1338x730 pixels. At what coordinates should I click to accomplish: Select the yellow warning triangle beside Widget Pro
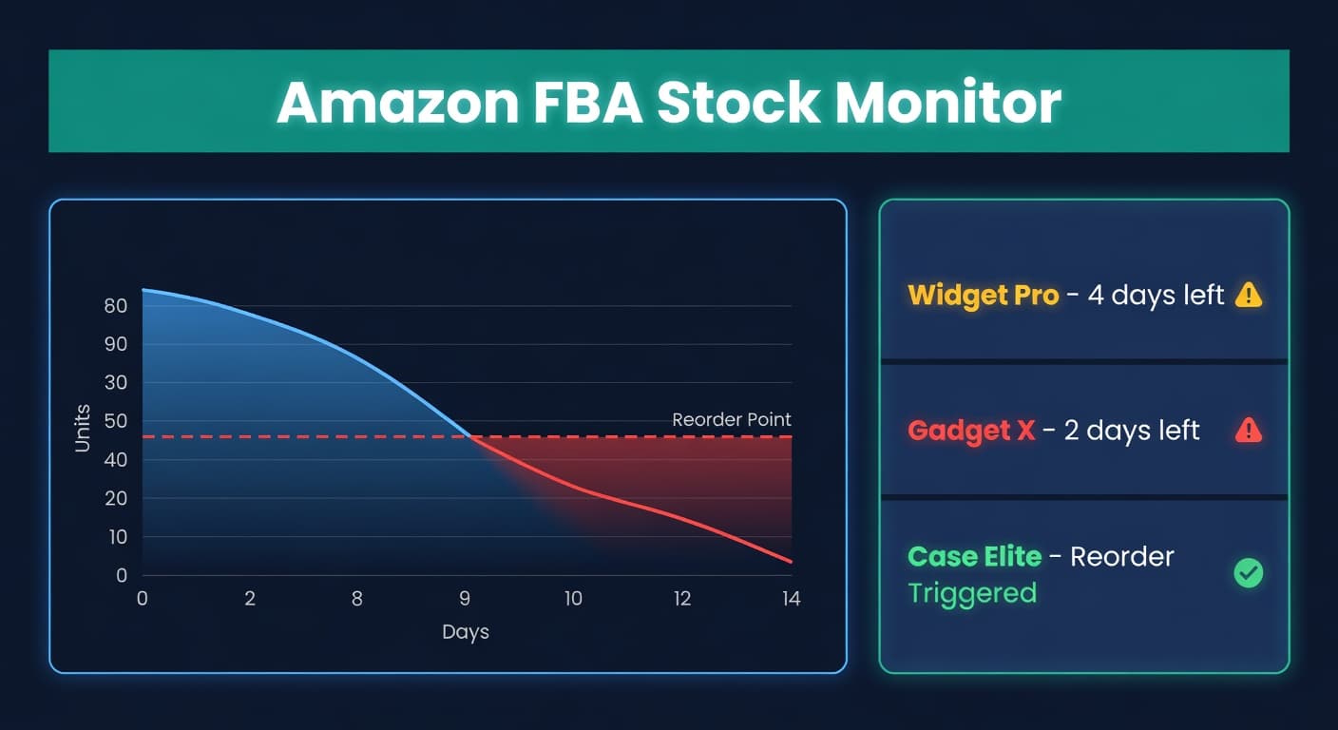pyautogui.click(x=1248, y=296)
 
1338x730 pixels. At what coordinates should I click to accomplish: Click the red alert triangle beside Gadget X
pyautogui.click(x=1248, y=431)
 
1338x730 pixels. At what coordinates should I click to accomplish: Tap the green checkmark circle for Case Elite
pyautogui.click(x=1248, y=573)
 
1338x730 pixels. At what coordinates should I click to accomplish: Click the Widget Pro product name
pyautogui.click(x=983, y=296)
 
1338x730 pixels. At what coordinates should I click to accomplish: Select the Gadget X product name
pyautogui.click(x=970, y=431)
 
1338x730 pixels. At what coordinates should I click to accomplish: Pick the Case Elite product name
pyautogui.click(x=974, y=556)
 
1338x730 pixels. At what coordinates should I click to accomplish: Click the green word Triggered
pyautogui.click(x=971, y=593)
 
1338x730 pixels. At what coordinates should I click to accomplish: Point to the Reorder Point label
pyautogui.click(x=731, y=419)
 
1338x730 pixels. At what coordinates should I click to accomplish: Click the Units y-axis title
pyautogui.click(x=83, y=428)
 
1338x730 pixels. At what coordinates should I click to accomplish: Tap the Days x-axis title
pyautogui.click(x=466, y=631)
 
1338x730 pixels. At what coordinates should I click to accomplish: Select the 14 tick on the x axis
pyautogui.click(x=791, y=599)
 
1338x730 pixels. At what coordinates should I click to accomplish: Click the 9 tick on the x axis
pyautogui.click(x=465, y=599)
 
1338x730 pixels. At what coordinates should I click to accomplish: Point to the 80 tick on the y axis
pyautogui.click(x=116, y=306)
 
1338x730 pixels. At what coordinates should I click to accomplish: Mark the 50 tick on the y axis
pyautogui.click(x=116, y=421)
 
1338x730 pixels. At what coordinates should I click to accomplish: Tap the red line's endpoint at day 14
pyautogui.click(x=791, y=562)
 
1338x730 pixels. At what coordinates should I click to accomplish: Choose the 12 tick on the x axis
pyautogui.click(x=682, y=599)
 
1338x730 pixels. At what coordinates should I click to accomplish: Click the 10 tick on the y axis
pyautogui.click(x=116, y=537)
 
